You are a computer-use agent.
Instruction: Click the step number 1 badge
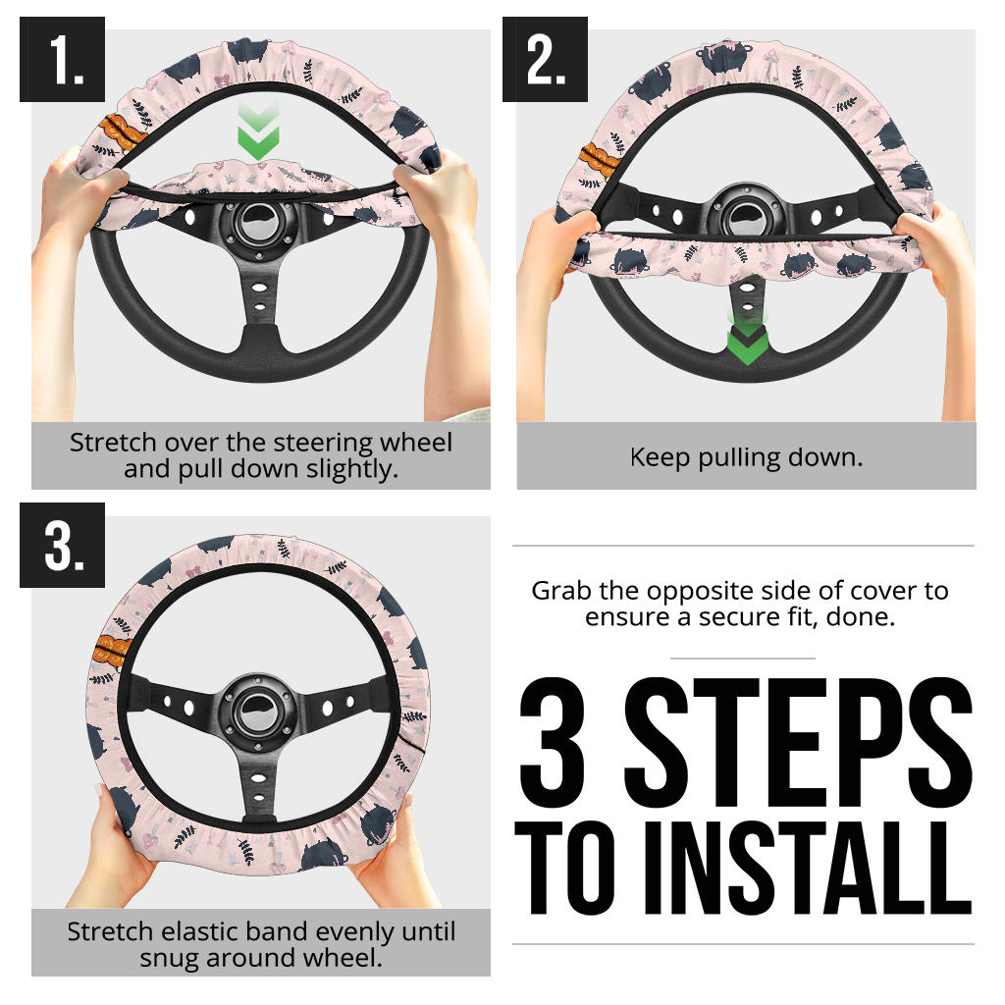[62, 59]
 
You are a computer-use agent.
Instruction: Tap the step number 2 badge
[545, 59]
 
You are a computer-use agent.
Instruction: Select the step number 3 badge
[62, 545]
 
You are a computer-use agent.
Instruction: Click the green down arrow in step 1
[258, 132]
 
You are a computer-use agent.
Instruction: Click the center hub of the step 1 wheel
[259, 224]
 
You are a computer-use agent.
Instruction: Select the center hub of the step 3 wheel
[258, 712]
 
